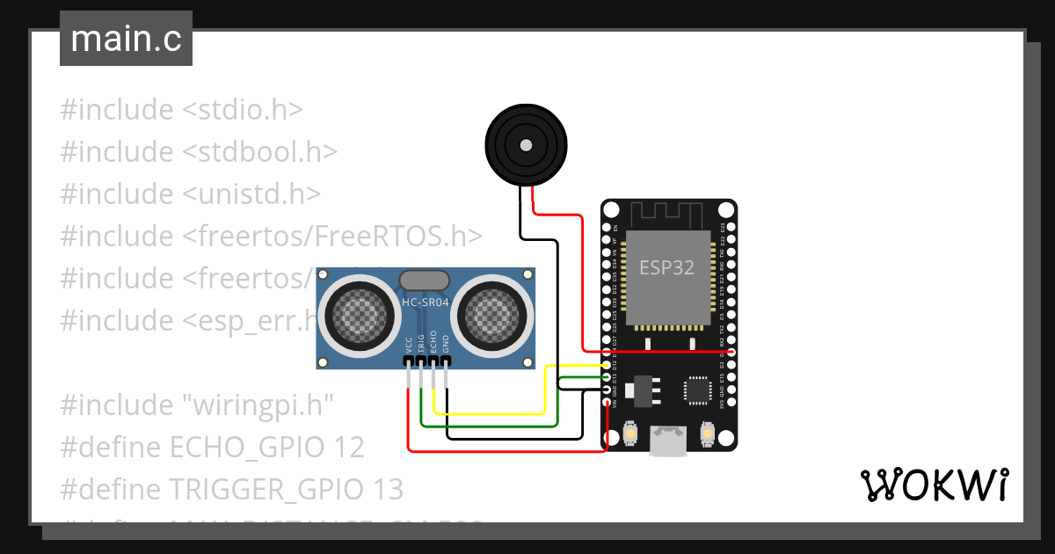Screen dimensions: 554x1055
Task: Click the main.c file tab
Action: coord(126,40)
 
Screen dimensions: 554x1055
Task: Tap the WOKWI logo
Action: coord(933,485)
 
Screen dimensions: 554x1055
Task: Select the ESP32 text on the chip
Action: coord(666,268)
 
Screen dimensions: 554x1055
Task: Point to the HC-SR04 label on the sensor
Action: coord(426,303)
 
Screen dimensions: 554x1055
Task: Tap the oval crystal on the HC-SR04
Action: coord(426,281)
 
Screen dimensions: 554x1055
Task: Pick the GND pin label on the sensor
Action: coord(446,344)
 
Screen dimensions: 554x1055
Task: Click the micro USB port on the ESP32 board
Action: coord(669,441)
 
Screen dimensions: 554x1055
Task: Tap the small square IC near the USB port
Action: coord(699,390)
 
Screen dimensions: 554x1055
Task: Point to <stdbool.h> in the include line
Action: coord(260,152)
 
